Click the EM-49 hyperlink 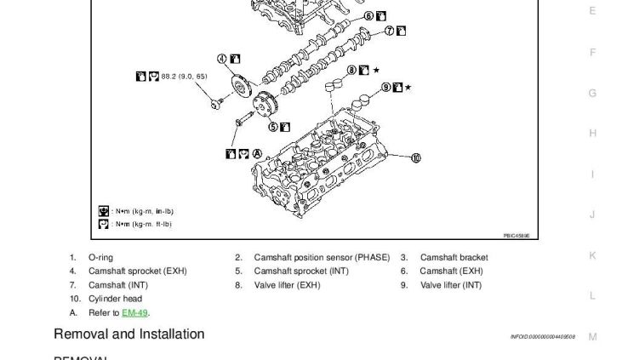(135, 313)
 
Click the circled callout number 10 (416, 157)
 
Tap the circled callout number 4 (222, 59)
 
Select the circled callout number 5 (273, 127)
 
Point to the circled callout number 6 (368, 16)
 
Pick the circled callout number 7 (389, 31)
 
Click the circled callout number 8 (351, 70)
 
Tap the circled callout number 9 (385, 87)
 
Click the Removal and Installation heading (129, 334)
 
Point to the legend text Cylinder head (115, 299)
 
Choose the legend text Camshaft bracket (454, 257)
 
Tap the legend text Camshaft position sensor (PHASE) (321, 257)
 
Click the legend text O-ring (100, 257)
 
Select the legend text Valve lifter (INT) (451, 285)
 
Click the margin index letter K (592, 255)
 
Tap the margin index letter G (592, 93)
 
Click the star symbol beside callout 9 (408, 87)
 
